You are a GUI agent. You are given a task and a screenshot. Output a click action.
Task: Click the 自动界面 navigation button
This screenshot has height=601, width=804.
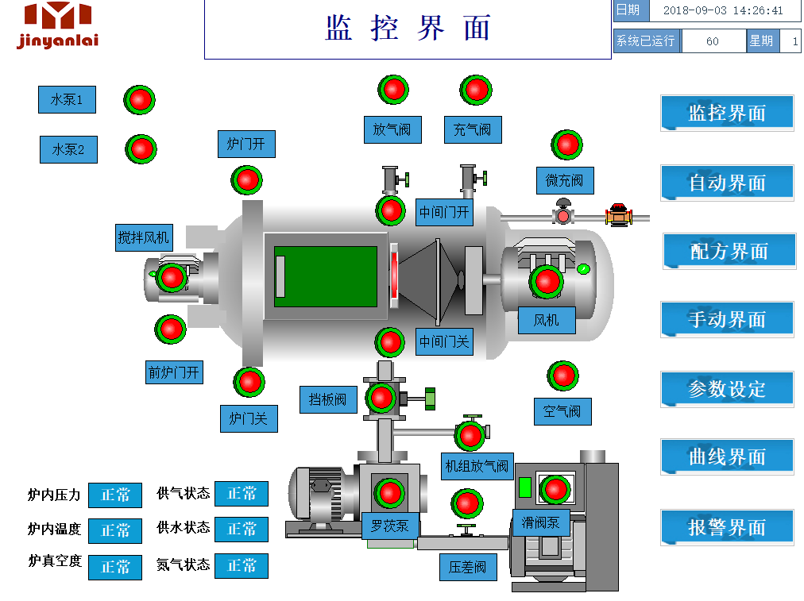727,183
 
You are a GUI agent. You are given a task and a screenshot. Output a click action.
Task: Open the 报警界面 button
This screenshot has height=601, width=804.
727,527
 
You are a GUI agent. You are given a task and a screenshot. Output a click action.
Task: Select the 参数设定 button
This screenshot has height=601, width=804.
727,389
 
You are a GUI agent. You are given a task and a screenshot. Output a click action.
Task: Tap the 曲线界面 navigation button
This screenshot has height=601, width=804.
727,457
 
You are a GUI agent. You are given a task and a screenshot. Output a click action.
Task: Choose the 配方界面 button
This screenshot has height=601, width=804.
729,252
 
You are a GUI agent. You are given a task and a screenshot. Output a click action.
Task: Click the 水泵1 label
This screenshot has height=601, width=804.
67,99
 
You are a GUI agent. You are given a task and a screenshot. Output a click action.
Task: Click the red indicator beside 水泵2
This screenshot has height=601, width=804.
141,148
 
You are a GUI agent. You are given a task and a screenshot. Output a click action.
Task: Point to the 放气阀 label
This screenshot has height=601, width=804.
392,129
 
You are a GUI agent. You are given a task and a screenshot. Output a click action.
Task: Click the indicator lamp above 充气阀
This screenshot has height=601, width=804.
476,90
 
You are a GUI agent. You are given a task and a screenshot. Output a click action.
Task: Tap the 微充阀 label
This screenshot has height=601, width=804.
564,180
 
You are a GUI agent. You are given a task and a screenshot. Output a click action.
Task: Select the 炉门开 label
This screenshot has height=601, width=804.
246,144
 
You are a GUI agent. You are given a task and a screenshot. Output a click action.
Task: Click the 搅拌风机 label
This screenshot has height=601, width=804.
144,237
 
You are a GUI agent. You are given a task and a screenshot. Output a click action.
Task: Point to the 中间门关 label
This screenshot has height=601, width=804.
445,342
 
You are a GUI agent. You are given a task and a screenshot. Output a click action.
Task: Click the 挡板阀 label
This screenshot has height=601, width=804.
328,399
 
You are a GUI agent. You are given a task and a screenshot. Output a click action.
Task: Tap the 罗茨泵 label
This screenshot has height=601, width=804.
389,525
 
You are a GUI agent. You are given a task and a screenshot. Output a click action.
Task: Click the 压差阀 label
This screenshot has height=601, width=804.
468,567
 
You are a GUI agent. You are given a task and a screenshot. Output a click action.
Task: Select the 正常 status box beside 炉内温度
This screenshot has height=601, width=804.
115,530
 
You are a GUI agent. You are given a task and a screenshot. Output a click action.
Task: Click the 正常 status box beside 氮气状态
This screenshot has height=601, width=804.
242,565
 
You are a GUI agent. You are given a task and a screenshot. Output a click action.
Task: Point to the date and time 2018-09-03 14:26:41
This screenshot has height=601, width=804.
723,11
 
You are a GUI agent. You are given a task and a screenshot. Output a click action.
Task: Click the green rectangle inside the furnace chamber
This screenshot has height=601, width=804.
326,276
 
